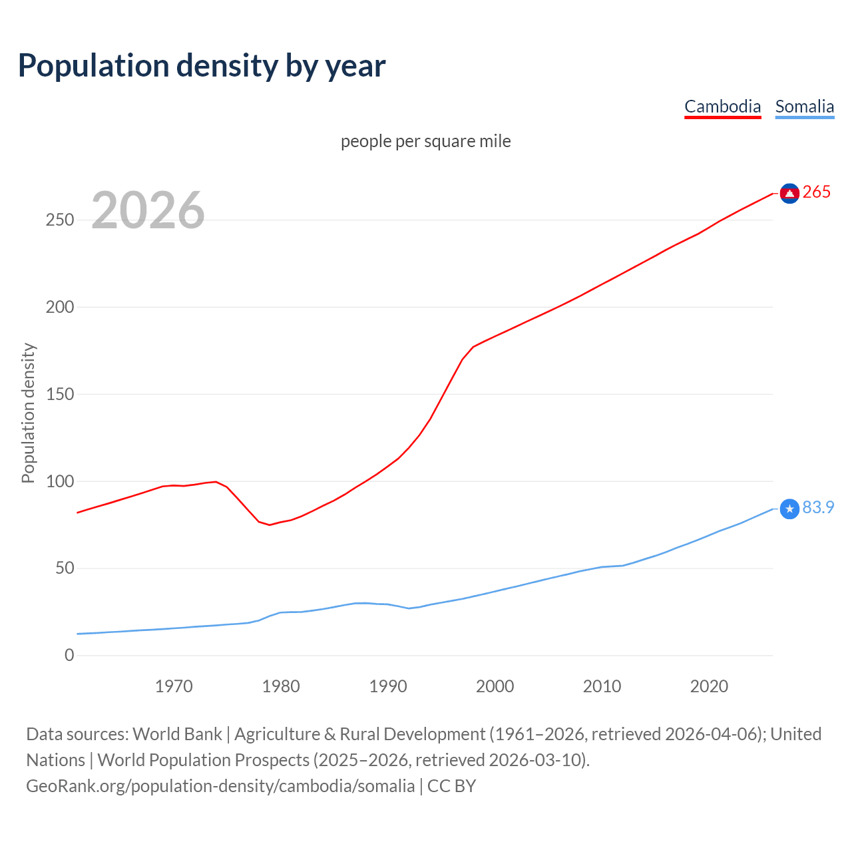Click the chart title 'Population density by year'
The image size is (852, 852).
tap(202, 66)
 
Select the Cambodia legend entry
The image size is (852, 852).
tap(722, 106)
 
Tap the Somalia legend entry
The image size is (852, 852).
tap(804, 106)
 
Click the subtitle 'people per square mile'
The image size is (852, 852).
tap(425, 141)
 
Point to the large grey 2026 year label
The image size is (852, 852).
tap(148, 210)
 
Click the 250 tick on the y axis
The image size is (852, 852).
tap(59, 220)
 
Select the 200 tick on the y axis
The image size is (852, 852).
tap(59, 308)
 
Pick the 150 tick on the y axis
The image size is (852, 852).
tap(59, 395)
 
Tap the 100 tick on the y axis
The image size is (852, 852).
tap(59, 481)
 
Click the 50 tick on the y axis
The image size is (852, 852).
tap(64, 568)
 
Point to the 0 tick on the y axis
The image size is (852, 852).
tap(69, 656)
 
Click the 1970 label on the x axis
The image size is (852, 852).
tap(174, 686)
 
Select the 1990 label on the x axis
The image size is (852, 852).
tap(388, 686)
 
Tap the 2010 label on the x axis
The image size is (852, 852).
tap(602, 686)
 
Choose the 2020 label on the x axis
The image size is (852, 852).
tap(709, 686)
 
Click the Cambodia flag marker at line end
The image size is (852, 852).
tap(789, 193)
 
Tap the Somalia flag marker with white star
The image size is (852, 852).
tap(789, 509)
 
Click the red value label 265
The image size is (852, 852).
tap(817, 192)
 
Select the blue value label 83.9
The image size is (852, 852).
tap(818, 507)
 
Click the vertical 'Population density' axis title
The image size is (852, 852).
tap(28, 413)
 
